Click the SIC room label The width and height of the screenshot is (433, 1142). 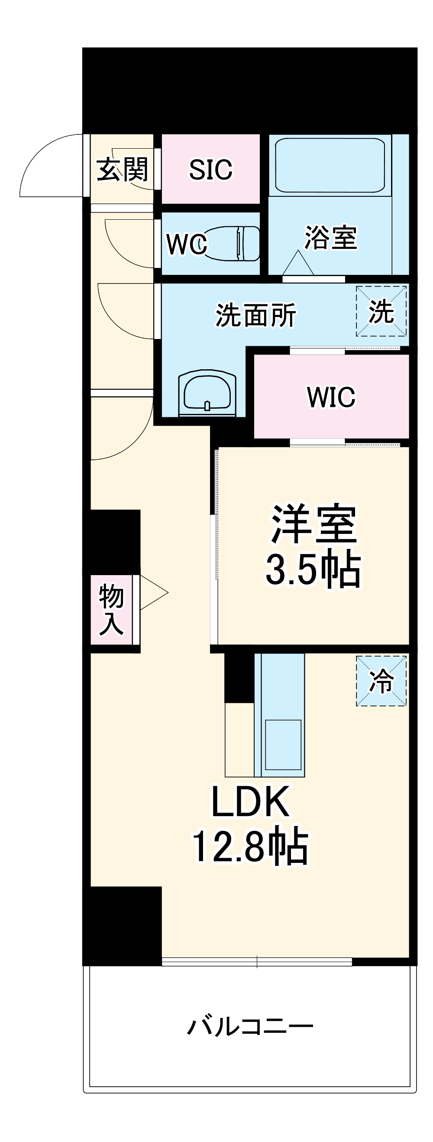click(211, 169)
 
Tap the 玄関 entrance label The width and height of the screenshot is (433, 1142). click(122, 169)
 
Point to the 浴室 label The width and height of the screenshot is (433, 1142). click(330, 238)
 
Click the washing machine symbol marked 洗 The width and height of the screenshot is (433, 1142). click(381, 311)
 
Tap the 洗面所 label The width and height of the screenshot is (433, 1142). click(256, 315)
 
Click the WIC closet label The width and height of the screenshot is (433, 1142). click(331, 397)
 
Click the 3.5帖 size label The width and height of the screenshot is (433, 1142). click(313, 569)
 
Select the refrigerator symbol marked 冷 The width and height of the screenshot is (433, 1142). click(381, 681)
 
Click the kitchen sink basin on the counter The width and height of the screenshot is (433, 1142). click(283, 744)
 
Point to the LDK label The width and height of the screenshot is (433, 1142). click(251, 802)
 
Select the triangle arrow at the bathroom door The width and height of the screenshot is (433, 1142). click(298, 264)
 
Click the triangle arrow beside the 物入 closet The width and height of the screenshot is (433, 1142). click(153, 593)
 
